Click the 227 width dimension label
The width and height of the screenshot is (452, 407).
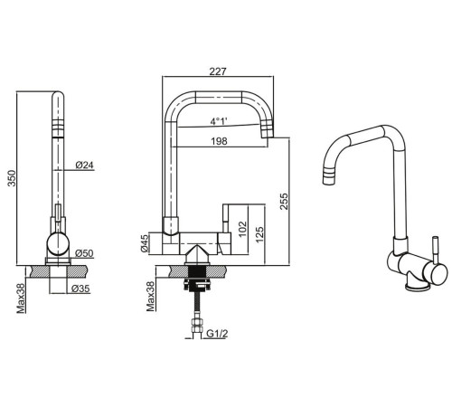click(218, 71)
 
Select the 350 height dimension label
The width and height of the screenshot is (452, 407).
click(12, 178)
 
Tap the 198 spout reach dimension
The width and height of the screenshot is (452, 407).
click(219, 141)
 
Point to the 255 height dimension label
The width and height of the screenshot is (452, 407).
click(284, 201)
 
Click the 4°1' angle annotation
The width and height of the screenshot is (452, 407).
click(219, 122)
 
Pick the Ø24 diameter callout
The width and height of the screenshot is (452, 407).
click(85, 166)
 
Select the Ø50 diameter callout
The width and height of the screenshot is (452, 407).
click(84, 253)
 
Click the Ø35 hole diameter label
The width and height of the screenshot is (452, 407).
click(80, 289)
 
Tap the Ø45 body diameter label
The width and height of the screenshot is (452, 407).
click(145, 243)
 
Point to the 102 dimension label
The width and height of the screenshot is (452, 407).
click(242, 229)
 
